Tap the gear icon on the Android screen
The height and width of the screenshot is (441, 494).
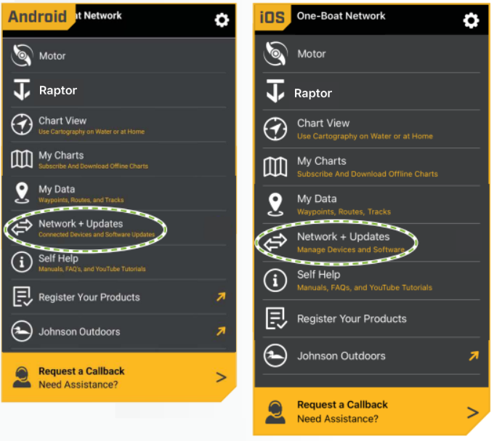(222, 20)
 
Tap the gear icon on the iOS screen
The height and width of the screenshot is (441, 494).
(471, 20)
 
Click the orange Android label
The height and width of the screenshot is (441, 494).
(38, 17)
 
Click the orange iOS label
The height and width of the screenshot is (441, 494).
(272, 17)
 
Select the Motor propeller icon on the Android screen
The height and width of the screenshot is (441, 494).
(22, 55)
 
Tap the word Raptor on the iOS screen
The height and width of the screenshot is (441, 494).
(313, 93)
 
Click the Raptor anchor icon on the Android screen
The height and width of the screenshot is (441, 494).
(22, 89)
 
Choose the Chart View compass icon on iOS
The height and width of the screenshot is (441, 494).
(275, 129)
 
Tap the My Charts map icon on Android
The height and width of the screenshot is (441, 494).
(22, 159)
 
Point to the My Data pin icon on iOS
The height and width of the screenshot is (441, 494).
(275, 204)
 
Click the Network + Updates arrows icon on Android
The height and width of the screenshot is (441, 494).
(22, 227)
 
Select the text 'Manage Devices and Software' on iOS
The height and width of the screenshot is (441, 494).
(351, 250)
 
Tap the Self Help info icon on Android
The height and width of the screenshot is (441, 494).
(22, 262)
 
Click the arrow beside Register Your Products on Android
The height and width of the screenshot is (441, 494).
(221, 296)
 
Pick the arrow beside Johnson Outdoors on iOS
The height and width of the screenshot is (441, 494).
(474, 356)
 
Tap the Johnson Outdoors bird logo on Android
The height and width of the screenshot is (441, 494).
(22, 331)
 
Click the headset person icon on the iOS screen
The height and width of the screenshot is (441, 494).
(275, 412)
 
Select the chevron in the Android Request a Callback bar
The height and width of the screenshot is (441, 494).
(221, 377)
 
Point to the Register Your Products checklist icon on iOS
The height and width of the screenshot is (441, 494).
(276, 318)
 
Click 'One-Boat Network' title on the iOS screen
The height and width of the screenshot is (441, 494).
(341, 16)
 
